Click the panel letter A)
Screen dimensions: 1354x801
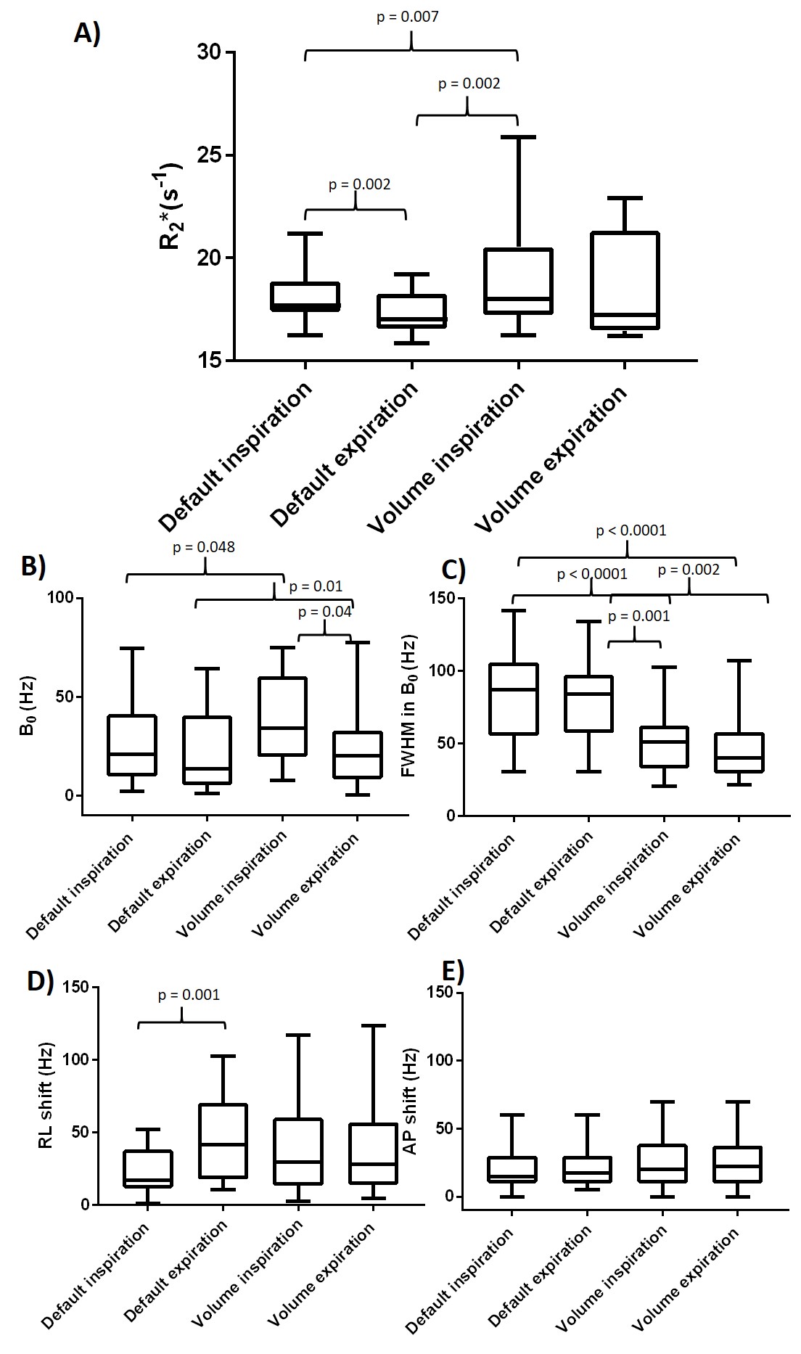[87, 33]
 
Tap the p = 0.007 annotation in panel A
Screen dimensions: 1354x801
[407, 17]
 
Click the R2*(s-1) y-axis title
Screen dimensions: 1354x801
[172, 207]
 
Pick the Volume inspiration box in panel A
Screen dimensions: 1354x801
[519, 281]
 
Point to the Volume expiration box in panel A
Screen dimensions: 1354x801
[625, 281]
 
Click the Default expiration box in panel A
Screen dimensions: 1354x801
[412, 311]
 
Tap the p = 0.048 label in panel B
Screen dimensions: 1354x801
[203, 547]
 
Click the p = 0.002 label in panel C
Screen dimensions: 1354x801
[689, 570]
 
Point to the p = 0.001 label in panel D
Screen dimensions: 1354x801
[189, 995]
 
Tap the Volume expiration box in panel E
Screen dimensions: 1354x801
[738, 1165]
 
